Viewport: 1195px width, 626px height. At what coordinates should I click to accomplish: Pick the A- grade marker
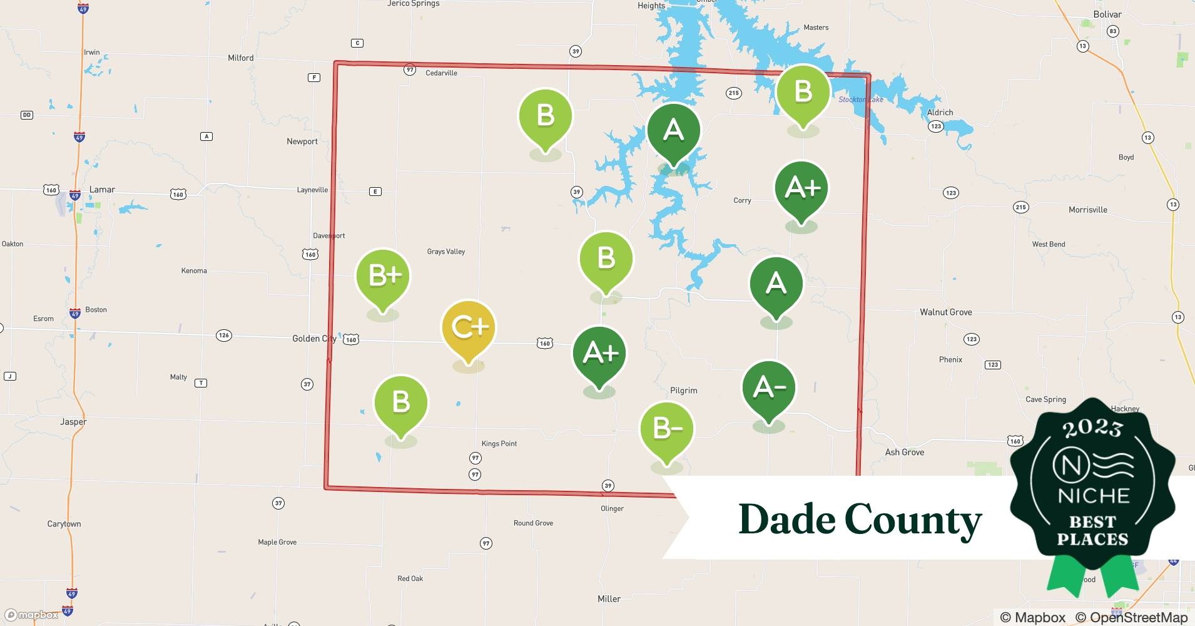[x=769, y=387]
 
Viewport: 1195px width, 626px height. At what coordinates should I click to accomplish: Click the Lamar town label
[x=102, y=190]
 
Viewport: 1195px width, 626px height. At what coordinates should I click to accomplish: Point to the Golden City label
[x=314, y=339]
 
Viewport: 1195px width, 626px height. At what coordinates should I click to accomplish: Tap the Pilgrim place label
[x=683, y=391]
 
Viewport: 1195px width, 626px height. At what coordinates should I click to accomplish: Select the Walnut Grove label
[x=945, y=312]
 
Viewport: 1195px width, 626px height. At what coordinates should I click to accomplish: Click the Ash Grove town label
[x=904, y=452]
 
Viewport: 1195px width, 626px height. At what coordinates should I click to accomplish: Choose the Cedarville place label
[x=441, y=73]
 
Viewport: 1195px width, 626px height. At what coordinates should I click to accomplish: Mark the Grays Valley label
[x=446, y=252]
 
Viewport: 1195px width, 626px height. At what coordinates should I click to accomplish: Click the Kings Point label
[x=499, y=444]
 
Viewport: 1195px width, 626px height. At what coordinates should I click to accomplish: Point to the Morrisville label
[x=1087, y=210]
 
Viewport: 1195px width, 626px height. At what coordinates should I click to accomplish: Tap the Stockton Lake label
[x=861, y=100]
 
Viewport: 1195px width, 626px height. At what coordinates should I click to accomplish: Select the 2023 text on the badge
[x=1092, y=428]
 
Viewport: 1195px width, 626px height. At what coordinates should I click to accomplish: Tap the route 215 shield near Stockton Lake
[x=733, y=93]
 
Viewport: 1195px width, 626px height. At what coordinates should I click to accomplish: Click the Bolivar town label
[x=1107, y=14]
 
